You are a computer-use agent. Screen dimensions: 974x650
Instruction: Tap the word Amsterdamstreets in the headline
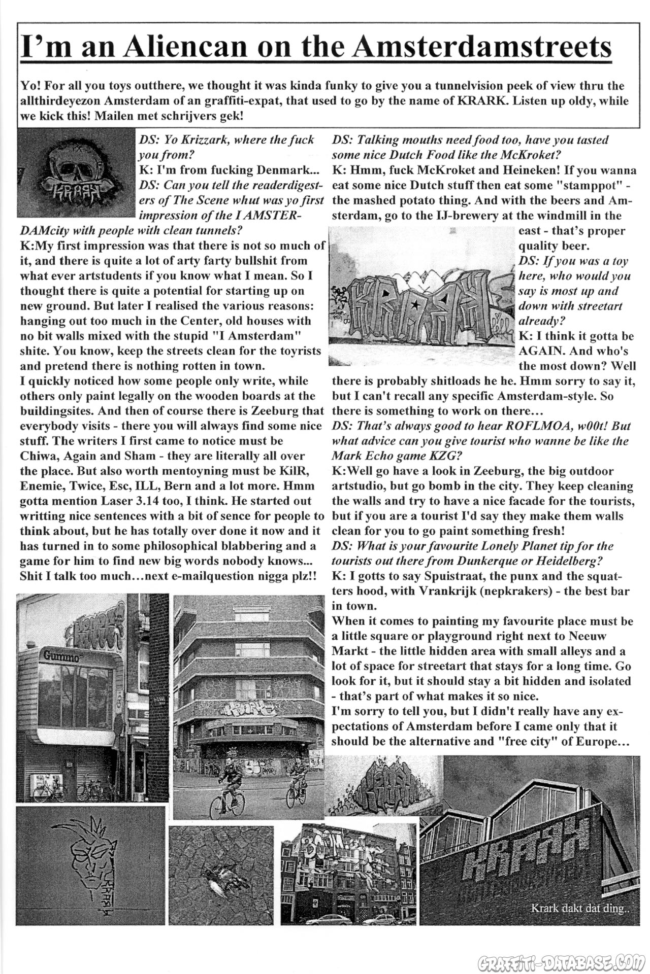[482, 47]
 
